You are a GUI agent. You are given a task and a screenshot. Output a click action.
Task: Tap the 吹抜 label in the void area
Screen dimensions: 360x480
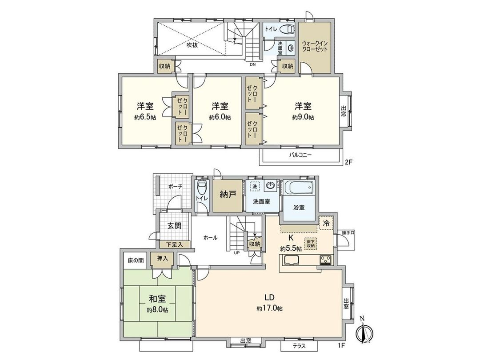tap(192, 45)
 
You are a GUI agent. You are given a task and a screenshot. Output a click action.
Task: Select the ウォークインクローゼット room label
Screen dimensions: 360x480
tap(315, 46)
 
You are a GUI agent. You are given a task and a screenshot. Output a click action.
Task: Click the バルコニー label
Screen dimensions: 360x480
tap(302, 155)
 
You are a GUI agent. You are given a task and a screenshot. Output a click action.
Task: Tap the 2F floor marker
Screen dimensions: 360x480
tap(349, 162)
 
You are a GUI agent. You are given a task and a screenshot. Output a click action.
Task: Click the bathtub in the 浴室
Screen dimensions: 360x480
tap(299, 189)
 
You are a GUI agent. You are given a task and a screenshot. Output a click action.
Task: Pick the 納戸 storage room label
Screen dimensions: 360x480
tap(228, 194)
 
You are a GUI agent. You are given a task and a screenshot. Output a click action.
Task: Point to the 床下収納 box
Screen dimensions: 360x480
tap(311, 243)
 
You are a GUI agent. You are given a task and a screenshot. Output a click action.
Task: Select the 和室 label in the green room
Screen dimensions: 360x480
tap(157, 299)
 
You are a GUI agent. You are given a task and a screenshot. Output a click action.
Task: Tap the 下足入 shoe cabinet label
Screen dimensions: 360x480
tap(175, 244)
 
